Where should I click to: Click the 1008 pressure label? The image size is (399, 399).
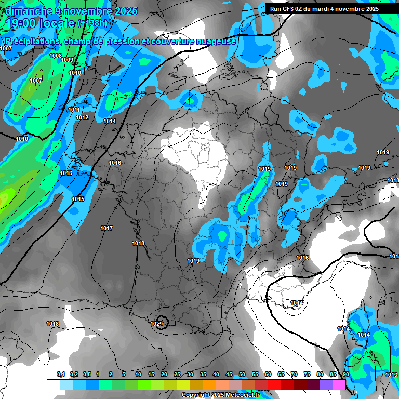[56, 56]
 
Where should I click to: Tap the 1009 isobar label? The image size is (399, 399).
[67, 60]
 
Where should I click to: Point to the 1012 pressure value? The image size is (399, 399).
[82, 117]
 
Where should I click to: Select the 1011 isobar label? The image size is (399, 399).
[74, 110]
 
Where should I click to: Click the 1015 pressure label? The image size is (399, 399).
[78, 199]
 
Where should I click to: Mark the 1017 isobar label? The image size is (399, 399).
[107, 228]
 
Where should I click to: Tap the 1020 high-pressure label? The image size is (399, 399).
[156, 324]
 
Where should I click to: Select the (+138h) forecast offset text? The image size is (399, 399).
[92, 23]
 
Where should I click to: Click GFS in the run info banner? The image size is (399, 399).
[291, 9]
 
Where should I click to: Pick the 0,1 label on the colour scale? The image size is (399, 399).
[61, 374]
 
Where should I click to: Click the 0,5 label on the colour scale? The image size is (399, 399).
[87, 374]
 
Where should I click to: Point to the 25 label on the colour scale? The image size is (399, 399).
[177, 374]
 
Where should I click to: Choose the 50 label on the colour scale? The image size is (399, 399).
[242, 374]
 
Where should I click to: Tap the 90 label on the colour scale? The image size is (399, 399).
[345, 374]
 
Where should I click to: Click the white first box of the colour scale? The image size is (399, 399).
[53, 384]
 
